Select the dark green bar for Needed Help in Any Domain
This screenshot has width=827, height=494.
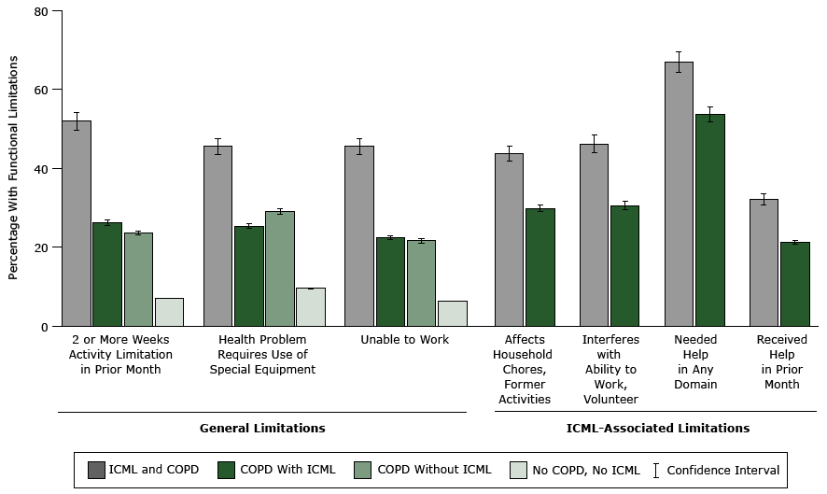tap(709, 220)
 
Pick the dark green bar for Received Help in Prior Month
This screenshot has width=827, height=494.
tap(794, 284)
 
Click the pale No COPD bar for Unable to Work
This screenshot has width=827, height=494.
tap(452, 314)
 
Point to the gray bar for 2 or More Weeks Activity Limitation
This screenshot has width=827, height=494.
tap(77, 223)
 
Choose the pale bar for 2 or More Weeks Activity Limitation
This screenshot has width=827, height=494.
tap(169, 312)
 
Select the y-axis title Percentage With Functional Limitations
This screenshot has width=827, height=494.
tap(14, 168)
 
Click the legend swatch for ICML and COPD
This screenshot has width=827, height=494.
tap(95, 470)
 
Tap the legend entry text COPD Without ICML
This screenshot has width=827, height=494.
tap(433, 470)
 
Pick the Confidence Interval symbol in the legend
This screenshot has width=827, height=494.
tap(656, 470)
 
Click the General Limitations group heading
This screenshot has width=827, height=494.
tap(262, 428)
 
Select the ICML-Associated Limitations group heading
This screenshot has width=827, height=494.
tap(657, 428)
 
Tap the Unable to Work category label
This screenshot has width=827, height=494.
tap(405, 340)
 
